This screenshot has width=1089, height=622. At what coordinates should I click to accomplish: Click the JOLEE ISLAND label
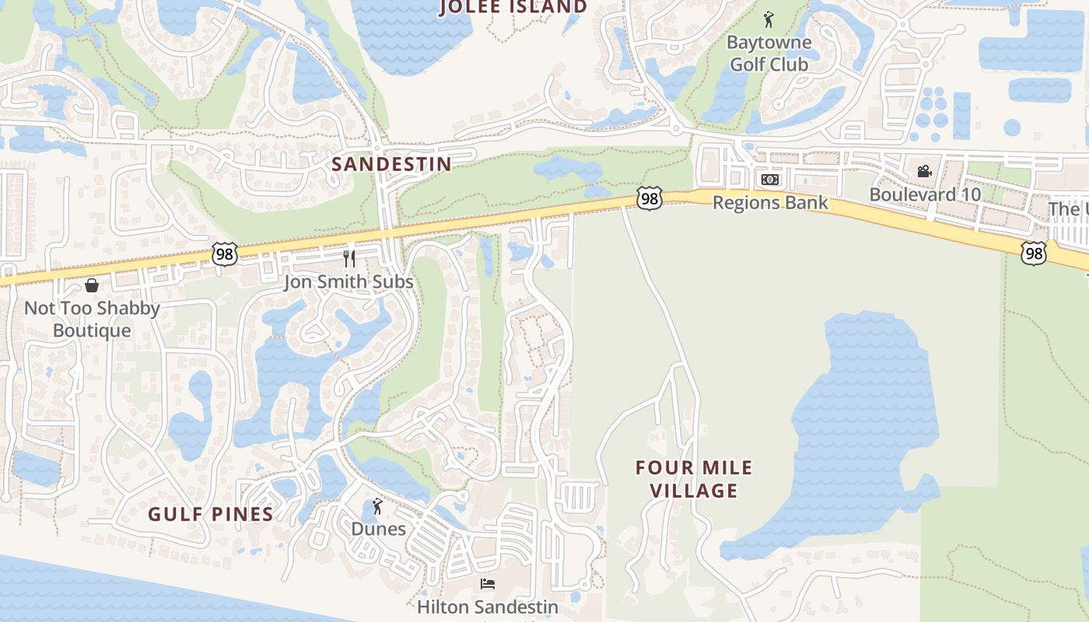coord(514,8)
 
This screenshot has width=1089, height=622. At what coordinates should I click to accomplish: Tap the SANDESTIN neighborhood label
coord(391,164)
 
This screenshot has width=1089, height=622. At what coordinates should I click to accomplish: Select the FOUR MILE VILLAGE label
coord(694,479)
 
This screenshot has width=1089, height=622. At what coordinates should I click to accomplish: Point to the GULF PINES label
coord(211,514)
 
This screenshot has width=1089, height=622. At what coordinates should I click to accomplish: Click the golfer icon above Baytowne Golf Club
coord(769,19)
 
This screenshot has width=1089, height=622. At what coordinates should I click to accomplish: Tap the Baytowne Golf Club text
coord(769,54)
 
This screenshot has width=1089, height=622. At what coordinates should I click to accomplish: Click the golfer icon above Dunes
coord(378,506)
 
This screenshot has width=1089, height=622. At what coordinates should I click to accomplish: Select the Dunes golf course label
coord(378,529)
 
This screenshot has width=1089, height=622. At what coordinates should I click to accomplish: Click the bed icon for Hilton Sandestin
coord(488,584)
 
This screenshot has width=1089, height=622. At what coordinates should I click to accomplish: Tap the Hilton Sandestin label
coord(488,606)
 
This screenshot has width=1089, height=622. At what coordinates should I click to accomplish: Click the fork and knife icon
coord(349,258)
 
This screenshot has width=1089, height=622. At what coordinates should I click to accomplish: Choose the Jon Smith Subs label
coord(348,281)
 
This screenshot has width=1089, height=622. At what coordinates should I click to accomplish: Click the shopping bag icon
coord(92,285)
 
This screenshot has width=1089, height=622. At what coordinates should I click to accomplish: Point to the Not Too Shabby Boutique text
coord(92,319)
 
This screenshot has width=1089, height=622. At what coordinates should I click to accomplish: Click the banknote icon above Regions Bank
coord(770,180)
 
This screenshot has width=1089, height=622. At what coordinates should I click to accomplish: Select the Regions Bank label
coord(770,203)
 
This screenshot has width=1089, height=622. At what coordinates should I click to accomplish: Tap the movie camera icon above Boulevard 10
coord(924,171)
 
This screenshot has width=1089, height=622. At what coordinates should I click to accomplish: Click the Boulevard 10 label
coord(924,194)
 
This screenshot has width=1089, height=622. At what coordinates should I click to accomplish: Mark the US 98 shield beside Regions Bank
coord(649,197)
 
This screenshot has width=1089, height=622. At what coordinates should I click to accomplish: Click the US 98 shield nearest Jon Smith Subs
coord(224,253)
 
